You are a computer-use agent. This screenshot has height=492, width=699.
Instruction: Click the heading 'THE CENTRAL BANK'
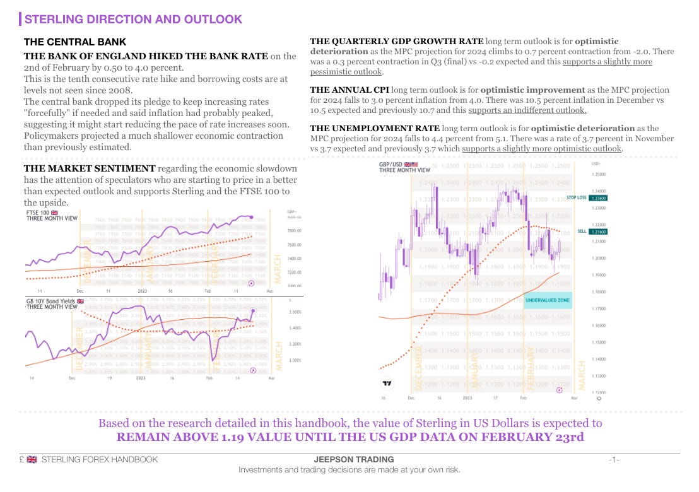point(75,42)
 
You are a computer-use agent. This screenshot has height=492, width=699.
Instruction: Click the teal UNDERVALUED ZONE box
point(548,300)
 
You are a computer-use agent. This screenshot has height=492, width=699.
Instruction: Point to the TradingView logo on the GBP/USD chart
point(387,383)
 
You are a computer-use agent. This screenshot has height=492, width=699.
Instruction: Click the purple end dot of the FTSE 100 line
point(252,217)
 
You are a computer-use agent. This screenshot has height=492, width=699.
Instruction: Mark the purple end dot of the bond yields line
point(253,311)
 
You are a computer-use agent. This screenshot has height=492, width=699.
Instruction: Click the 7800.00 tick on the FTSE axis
point(295,231)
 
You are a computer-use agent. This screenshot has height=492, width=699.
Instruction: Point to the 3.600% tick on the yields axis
point(295,312)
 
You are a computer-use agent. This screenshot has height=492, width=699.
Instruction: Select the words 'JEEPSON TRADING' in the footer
point(353,459)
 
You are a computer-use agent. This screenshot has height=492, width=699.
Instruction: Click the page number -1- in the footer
point(614,459)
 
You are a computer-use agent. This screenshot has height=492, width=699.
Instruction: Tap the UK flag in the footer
point(32,459)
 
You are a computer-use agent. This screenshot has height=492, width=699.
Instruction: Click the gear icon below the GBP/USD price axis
point(598,398)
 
